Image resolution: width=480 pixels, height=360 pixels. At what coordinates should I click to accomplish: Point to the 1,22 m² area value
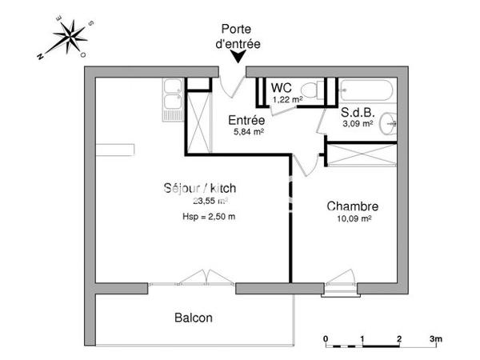[x=287, y=99]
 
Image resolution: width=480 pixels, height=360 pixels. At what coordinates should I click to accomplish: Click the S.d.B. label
[x=356, y=112]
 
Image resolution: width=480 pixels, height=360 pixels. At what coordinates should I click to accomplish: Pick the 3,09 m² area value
[x=357, y=123]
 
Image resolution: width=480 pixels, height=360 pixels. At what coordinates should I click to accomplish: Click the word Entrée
[x=248, y=120]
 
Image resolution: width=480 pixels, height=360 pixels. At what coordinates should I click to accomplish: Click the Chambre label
[x=352, y=206]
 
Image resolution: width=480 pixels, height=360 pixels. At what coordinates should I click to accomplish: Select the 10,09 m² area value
[x=354, y=218]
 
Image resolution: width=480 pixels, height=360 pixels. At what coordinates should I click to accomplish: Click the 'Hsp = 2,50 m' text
[x=209, y=216]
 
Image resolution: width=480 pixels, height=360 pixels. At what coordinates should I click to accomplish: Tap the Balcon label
[x=194, y=318]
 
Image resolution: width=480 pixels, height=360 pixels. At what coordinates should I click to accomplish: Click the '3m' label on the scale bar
[x=435, y=338]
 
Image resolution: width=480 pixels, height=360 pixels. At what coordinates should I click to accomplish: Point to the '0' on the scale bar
[x=326, y=338]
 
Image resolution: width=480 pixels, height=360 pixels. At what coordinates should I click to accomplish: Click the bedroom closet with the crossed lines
[x=362, y=154]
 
